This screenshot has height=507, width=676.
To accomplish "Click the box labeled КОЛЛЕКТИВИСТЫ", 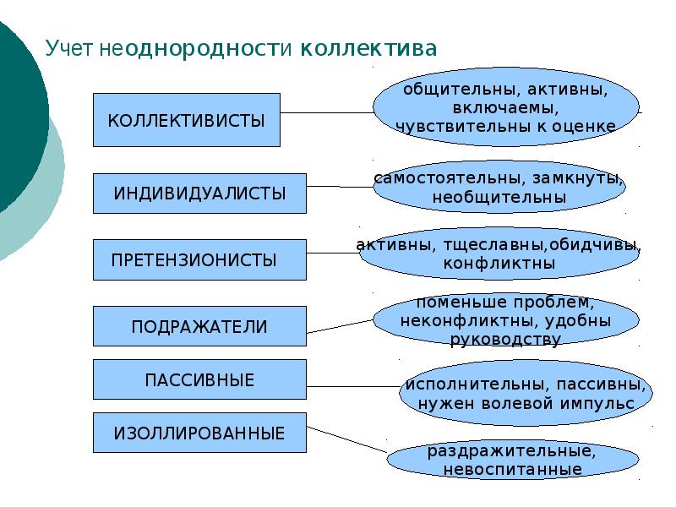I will click(186, 120).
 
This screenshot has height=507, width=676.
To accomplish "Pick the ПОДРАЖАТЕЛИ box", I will click(199, 326).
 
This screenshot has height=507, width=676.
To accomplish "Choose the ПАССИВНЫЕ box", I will click(199, 379).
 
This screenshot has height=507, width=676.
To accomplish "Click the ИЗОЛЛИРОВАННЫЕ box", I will click(199, 433).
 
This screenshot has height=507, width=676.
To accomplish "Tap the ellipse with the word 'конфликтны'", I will click(499, 253).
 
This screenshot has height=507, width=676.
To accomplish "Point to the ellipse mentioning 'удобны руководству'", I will click(505, 321).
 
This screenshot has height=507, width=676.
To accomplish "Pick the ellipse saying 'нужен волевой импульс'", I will click(526, 394).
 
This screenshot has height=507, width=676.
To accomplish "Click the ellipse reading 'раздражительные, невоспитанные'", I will click(512, 460).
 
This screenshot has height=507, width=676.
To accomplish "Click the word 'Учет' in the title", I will click(70, 47).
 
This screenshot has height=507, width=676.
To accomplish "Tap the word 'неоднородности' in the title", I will click(198, 47).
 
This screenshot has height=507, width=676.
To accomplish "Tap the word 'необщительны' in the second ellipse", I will click(499, 197).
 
